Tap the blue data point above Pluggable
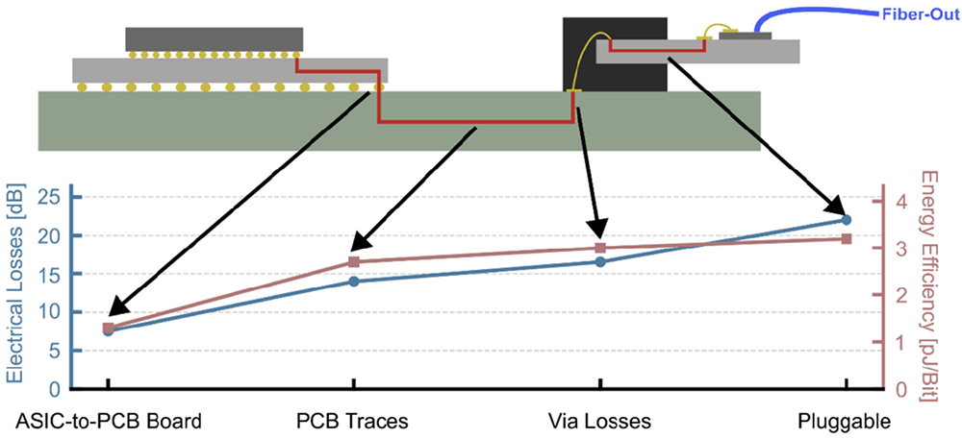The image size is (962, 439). click(x=846, y=220)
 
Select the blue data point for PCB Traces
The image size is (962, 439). click(x=353, y=281)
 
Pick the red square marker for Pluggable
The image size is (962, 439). click(x=846, y=238)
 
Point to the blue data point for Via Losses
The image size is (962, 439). click(x=599, y=261)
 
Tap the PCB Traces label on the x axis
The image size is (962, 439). click(x=353, y=421)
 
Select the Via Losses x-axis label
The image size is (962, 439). click(x=599, y=421)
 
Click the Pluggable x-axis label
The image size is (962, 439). click(x=845, y=421)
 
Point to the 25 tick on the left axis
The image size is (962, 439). click(x=50, y=198)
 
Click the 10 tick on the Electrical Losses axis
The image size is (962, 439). click(x=50, y=313)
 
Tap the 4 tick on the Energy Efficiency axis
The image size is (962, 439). click(x=902, y=202)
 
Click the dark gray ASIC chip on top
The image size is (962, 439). click(x=214, y=38)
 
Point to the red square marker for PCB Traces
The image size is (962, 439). click(x=353, y=262)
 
